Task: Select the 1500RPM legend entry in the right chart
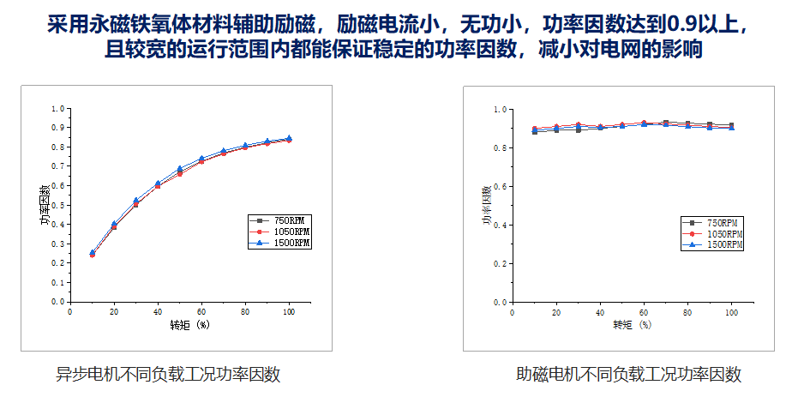pyautogui.click(x=723, y=245)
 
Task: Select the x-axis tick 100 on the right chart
pyautogui.click(x=731, y=313)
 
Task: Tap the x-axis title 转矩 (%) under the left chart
pyautogui.click(x=189, y=324)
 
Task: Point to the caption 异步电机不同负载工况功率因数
pyautogui.click(x=168, y=374)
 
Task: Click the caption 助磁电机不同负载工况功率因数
pyautogui.click(x=628, y=374)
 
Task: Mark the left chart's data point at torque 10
pyautogui.click(x=93, y=254)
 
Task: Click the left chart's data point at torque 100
pyautogui.click(x=288, y=139)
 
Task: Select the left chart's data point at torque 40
pyautogui.click(x=158, y=184)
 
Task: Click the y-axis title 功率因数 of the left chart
pyautogui.click(x=44, y=205)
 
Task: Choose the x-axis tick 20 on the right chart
pyautogui.click(x=556, y=313)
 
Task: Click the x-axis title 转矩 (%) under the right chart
pyautogui.click(x=633, y=325)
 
